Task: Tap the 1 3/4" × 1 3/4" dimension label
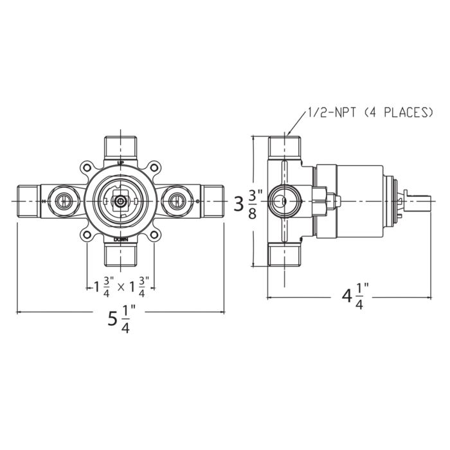120,285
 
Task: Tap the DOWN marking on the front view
120,239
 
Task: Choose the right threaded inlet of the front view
211,202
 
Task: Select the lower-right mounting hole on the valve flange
154,235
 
